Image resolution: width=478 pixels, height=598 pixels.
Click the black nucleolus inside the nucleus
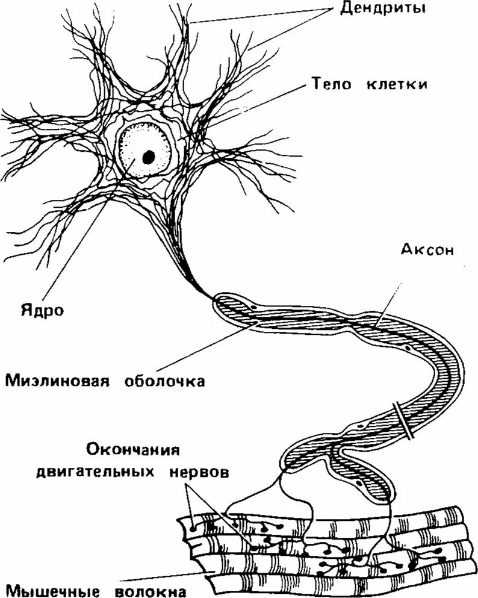pyautogui.click(x=147, y=156)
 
